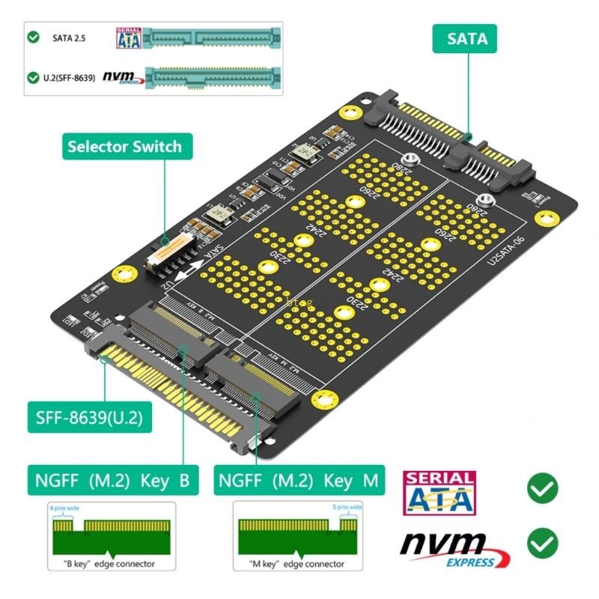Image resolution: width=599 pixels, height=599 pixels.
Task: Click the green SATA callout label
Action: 467,38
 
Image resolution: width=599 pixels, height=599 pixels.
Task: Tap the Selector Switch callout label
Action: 124,146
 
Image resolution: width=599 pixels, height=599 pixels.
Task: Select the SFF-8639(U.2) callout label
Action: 89,418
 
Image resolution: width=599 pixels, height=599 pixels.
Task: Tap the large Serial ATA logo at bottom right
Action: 440,493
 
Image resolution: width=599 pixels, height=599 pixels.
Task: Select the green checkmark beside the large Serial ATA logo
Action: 542,489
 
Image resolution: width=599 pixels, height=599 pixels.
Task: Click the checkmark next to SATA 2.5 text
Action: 33,37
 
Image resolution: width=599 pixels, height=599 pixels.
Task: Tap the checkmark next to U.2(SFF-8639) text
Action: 33,77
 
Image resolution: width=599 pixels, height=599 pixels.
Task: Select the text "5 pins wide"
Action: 347,508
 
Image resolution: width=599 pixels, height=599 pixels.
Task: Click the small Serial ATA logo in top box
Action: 129,37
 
